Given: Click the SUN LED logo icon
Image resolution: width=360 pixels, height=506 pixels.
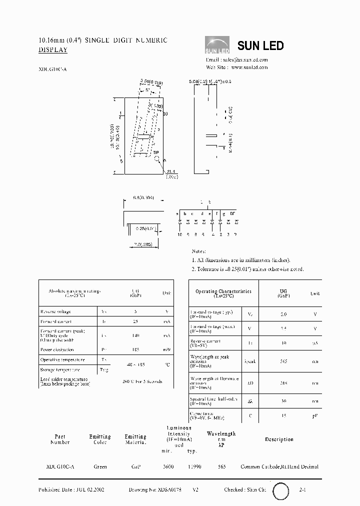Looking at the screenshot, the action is pyautogui.click(x=217, y=45).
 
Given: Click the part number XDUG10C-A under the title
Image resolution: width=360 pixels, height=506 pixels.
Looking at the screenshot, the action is pyautogui.click(x=52, y=70).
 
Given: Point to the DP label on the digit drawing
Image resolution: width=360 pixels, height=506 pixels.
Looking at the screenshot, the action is pyautogui.click(x=155, y=152).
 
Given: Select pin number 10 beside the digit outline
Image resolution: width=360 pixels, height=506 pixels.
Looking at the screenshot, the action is pyautogui.click(x=165, y=114).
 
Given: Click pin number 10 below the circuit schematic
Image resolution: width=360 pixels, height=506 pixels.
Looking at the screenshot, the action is pyautogui.click(x=179, y=234).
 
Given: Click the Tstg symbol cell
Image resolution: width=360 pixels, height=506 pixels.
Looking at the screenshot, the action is pyautogui.click(x=104, y=369).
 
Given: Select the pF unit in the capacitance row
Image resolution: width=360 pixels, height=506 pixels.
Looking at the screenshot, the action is pyautogui.click(x=315, y=416).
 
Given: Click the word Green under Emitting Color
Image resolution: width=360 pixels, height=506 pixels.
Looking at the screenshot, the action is pyautogui.click(x=100, y=466).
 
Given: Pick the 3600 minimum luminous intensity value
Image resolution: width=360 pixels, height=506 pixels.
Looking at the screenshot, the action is pyautogui.click(x=168, y=466).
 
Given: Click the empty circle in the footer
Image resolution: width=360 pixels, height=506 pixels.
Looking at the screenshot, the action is pyautogui.click(x=280, y=490).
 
